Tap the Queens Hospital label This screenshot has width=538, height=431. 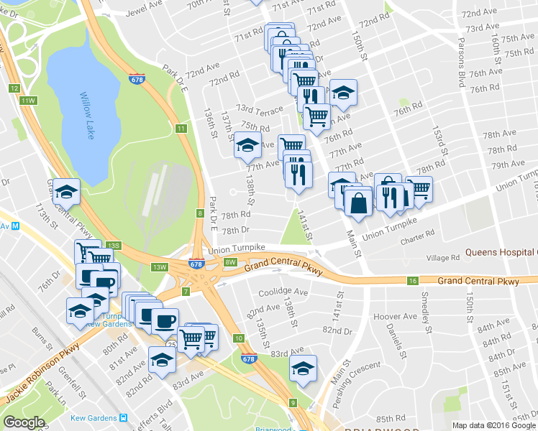tap(501, 252)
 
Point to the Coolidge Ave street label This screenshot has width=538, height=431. tap(283, 292)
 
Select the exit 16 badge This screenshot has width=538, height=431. tap(412, 281)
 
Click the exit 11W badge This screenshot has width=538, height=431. tap(27, 100)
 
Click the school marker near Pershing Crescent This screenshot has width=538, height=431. tap(304, 368)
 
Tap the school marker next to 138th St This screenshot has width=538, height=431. tap(247, 145)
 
